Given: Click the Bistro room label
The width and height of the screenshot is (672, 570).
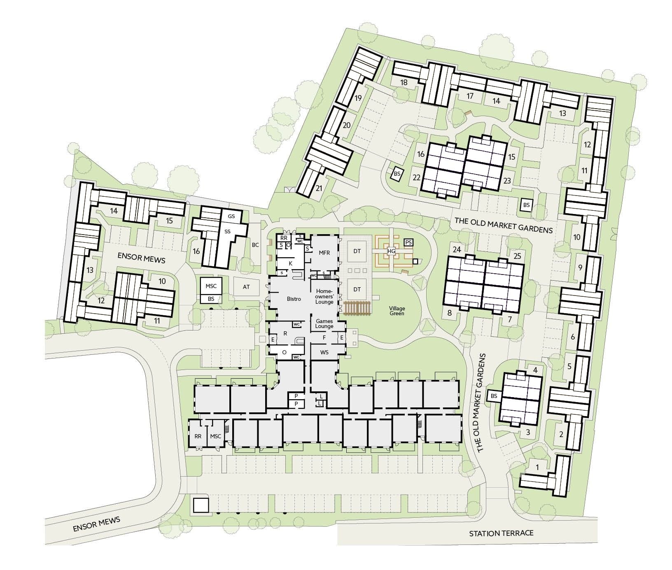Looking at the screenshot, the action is pyautogui.click(x=294, y=299).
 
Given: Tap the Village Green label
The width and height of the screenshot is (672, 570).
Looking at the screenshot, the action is pyautogui.click(x=398, y=311).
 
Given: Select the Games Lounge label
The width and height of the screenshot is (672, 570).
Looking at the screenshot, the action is pyautogui.click(x=324, y=323).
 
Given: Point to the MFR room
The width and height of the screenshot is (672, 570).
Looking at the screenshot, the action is pyautogui.click(x=324, y=253).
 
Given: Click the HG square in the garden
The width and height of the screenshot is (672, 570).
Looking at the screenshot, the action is pyautogui.click(x=391, y=251).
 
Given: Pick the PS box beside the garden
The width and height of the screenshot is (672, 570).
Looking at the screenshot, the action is pyautogui.click(x=408, y=242).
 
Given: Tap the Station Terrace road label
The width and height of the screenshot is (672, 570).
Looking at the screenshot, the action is pyautogui.click(x=501, y=534).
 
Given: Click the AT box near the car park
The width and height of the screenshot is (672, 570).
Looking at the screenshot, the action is pyautogui.click(x=246, y=287).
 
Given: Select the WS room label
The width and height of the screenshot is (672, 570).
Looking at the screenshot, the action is pyautogui.click(x=324, y=353).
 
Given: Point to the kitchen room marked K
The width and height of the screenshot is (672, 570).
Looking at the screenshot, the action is pyautogui.click(x=290, y=263).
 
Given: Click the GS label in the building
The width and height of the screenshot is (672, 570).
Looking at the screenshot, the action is pyautogui.click(x=231, y=216).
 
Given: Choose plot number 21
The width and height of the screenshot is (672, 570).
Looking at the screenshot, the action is pyautogui.click(x=319, y=188).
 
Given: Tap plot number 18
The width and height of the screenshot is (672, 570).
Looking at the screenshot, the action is pyautogui.click(x=404, y=82).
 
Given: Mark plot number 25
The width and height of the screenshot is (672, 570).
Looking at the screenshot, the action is pyautogui.click(x=517, y=256).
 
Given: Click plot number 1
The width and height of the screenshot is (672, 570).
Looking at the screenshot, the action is pyautogui.click(x=537, y=467).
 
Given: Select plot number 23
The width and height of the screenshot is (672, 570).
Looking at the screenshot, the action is pyautogui.click(x=507, y=180).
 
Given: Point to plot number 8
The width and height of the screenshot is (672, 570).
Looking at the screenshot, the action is pyautogui.click(x=450, y=313).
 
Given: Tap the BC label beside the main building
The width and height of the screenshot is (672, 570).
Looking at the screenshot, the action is pyautogui.click(x=255, y=245).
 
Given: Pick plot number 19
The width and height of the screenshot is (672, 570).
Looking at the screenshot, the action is pyautogui.click(x=358, y=98).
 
